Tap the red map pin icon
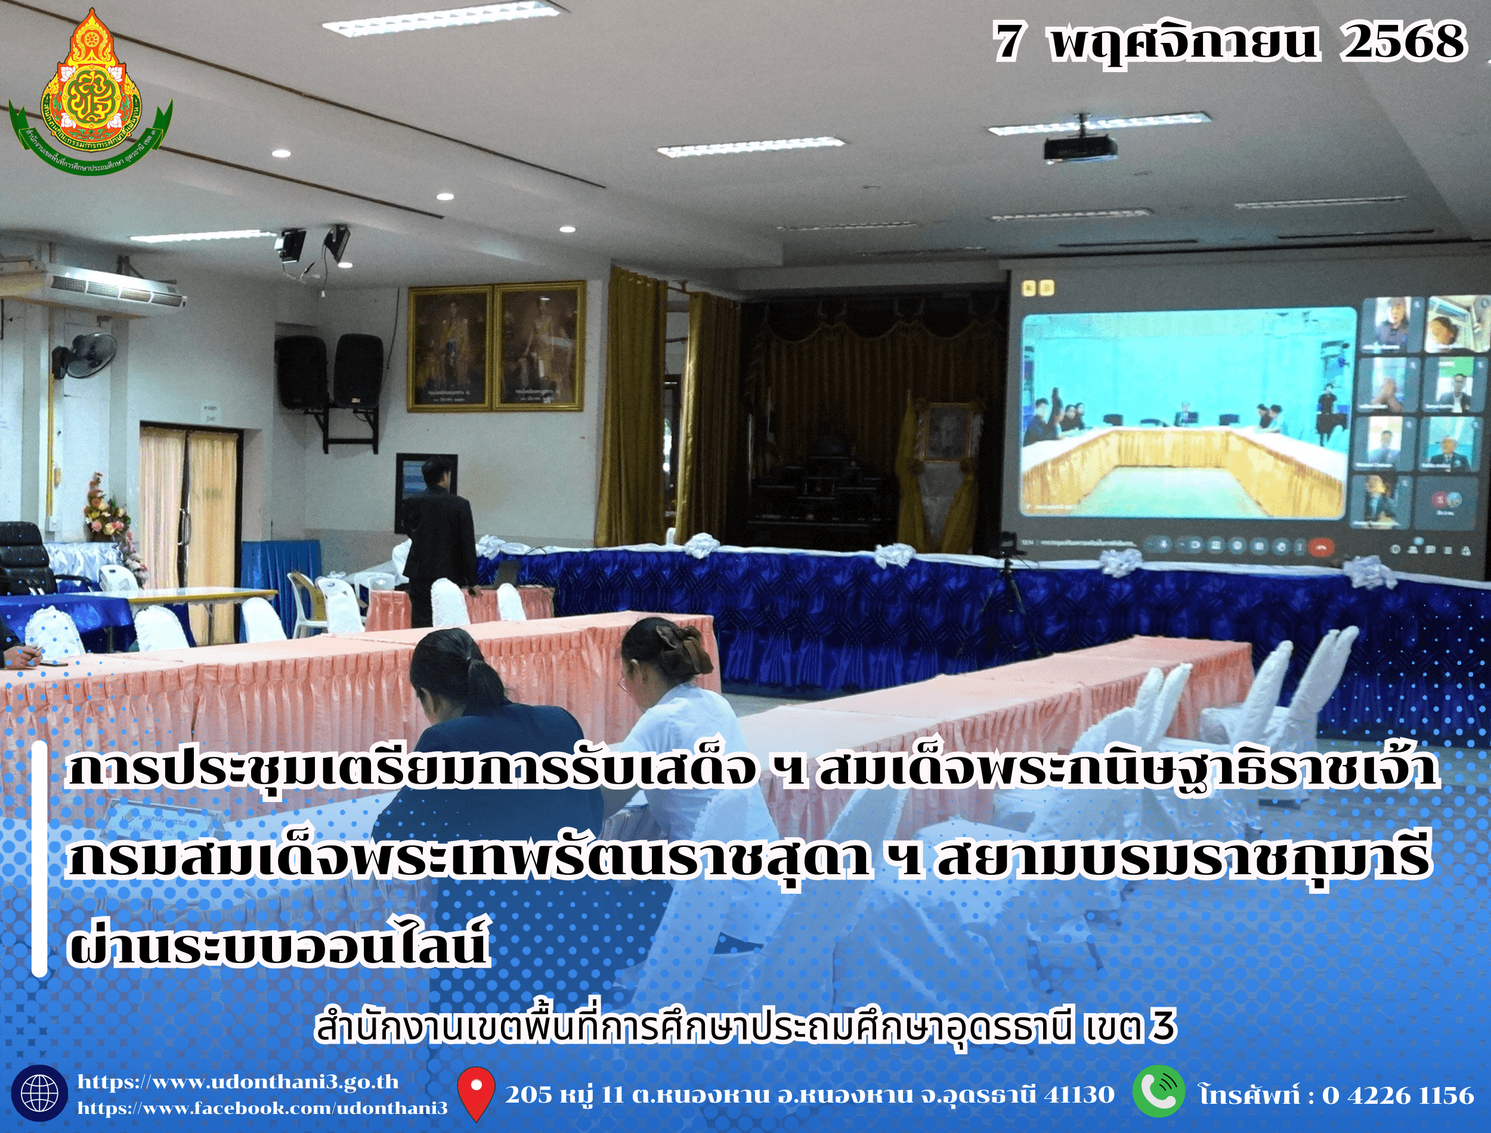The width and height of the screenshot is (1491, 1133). click(476, 1093)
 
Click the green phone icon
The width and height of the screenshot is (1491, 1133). click(1159, 1092)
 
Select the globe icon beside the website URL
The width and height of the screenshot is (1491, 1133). click(40, 1092)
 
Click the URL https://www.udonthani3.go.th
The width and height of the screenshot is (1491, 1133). click(238, 1082)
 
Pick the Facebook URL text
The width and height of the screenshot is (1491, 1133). click(262, 1108)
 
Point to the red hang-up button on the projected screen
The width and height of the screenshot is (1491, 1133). click(1321, 546)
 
